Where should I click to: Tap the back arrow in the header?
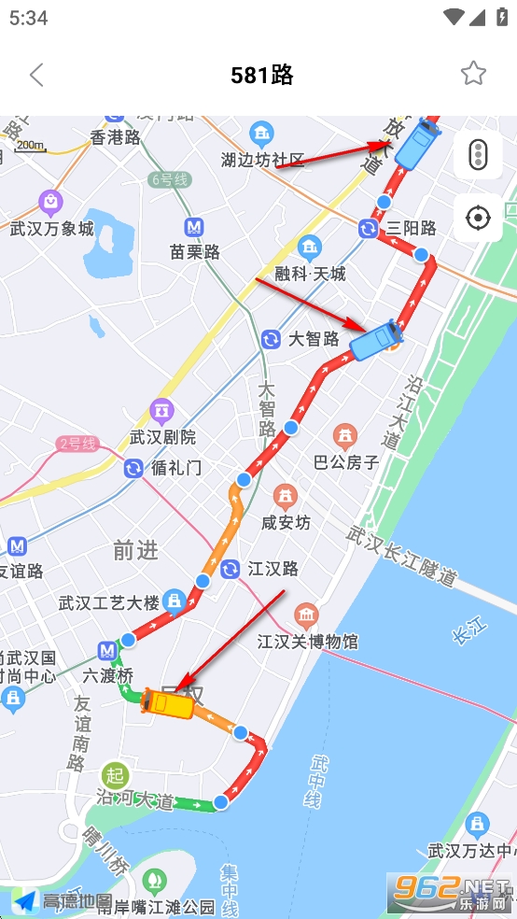[x=36, y=75]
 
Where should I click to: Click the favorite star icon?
[x=473, y=74]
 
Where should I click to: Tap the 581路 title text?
[x=262, y=75]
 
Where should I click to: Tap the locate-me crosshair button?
[x=478, y=219]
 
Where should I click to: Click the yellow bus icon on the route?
[x=168, y=702]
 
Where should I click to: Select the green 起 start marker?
[x=115, y=774]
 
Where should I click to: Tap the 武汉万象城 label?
[x=52, y=228]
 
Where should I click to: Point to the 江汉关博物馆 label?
[x=307, y=642]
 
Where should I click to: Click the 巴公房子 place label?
[x=346, y=461]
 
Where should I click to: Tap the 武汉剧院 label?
[x=162, y=436]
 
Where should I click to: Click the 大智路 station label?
[x=314, y=338]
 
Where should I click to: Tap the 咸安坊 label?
[x=286, y=522]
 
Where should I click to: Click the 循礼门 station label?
[x=175, y=467]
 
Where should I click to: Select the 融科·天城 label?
[x=310, y=273]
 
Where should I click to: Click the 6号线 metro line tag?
[x=169, y=179]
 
